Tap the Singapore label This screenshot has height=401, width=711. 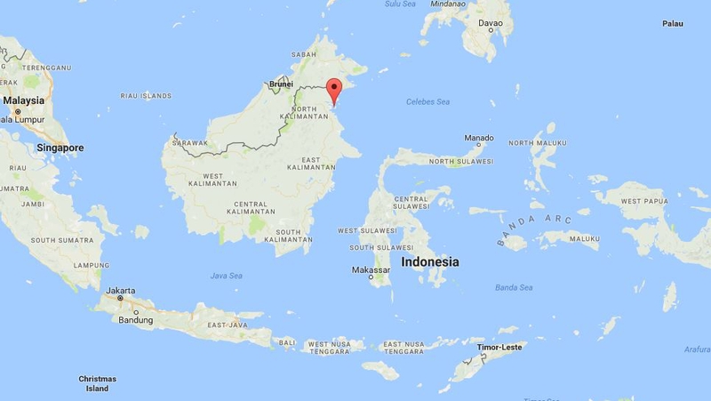60,148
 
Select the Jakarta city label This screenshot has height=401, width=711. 120,291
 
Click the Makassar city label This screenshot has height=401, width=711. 371,269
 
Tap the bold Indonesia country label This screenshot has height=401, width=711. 430,262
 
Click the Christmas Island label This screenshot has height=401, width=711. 97,383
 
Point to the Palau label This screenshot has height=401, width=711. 672,23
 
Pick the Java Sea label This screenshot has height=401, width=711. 226,276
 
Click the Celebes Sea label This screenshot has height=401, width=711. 427,101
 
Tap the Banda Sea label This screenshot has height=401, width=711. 513,287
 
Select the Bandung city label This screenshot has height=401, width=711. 137,320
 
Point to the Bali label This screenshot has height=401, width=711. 287,341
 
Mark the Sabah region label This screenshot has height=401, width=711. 304,54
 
